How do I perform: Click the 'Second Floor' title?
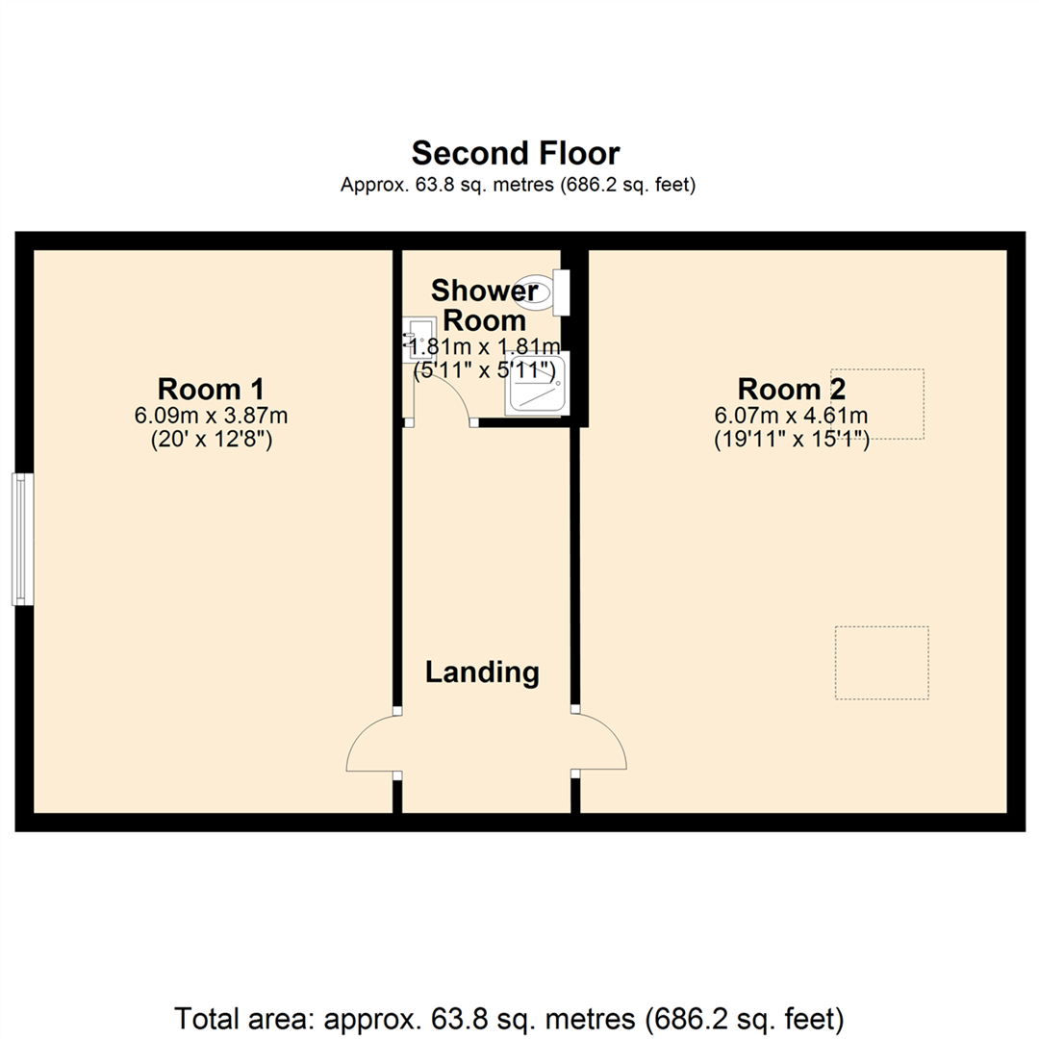516,153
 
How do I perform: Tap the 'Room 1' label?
211,389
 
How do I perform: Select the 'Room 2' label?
791,389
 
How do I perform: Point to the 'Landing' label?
482,672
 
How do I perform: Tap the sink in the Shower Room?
419,339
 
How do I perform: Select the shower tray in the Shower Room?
538,384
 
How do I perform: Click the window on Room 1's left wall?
22,539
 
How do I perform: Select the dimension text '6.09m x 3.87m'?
211,417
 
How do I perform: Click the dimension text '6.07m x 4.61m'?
791,417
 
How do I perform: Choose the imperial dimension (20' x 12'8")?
212,440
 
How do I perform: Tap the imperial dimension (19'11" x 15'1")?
791,440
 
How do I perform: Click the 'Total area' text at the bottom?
509,1018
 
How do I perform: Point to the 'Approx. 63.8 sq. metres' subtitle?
519,184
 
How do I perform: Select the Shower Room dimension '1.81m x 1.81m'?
484,346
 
